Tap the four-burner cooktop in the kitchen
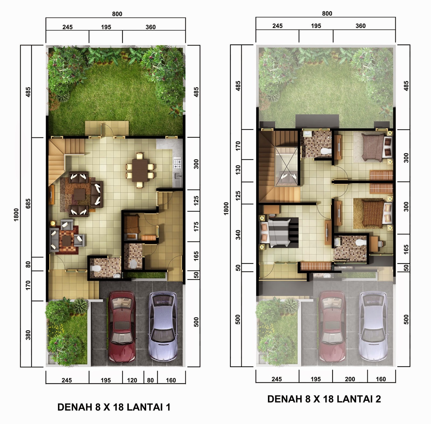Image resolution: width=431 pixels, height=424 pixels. [178, 163]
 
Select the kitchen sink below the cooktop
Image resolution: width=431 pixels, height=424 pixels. [178, 176]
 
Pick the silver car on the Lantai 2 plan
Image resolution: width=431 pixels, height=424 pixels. [373, 326]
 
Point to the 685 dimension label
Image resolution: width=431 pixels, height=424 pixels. [28, 204]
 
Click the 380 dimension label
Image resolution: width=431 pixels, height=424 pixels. [28, 335]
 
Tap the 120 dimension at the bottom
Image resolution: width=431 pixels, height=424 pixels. [132, 380]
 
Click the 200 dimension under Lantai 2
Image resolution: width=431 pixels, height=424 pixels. [350, 379]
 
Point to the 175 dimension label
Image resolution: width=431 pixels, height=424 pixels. [196, 226]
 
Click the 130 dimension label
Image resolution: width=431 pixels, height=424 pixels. [238, 170]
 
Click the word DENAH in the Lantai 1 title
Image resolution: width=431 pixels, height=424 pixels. [75, 407]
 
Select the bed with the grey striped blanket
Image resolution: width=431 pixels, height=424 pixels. [279, 232]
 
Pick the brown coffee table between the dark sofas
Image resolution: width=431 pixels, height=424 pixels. [80, 194]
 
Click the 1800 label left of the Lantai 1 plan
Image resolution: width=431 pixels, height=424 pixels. [16, 215]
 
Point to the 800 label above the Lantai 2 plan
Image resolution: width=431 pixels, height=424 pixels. [327, 13]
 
